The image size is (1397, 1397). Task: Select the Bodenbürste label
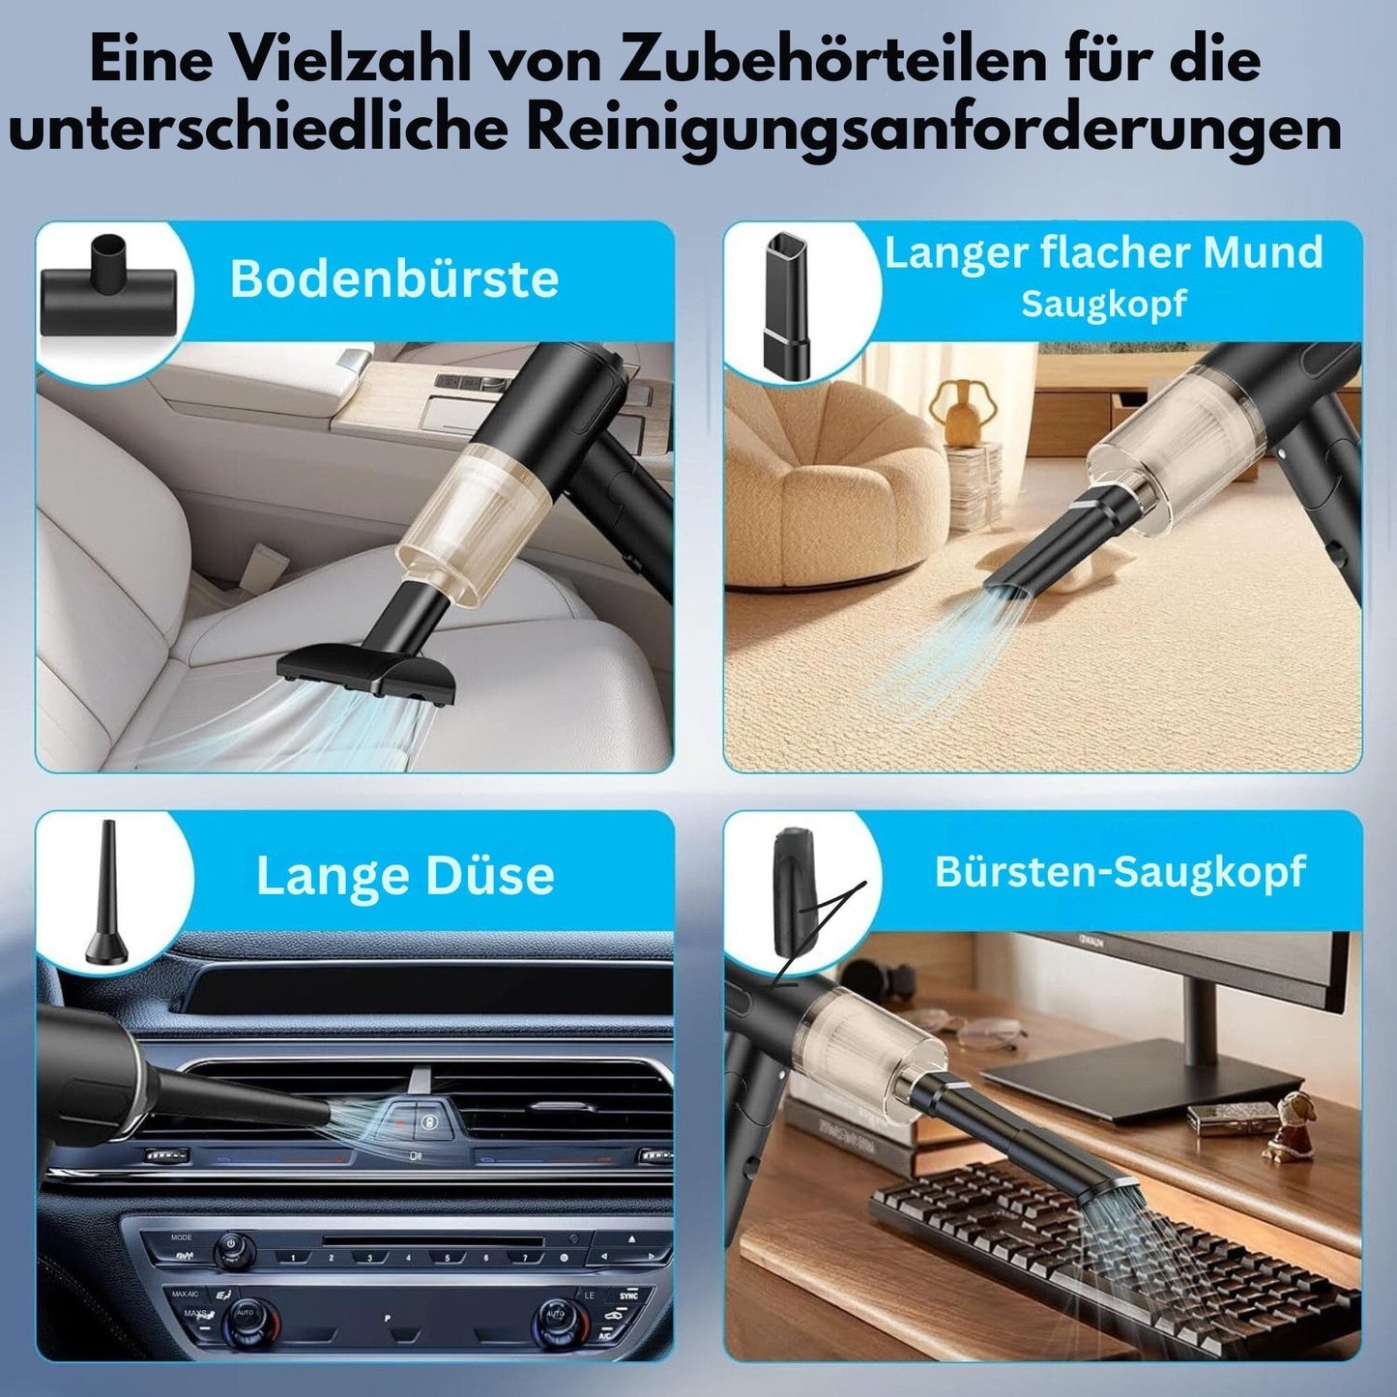(x=394, y=278)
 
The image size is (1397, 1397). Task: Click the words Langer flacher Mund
(x=1103, y=252)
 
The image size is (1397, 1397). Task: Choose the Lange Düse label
(x=405, y=875)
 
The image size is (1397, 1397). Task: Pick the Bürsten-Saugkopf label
(x=1121, y=871)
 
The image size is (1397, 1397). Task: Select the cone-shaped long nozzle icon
(x=106, y=894)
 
